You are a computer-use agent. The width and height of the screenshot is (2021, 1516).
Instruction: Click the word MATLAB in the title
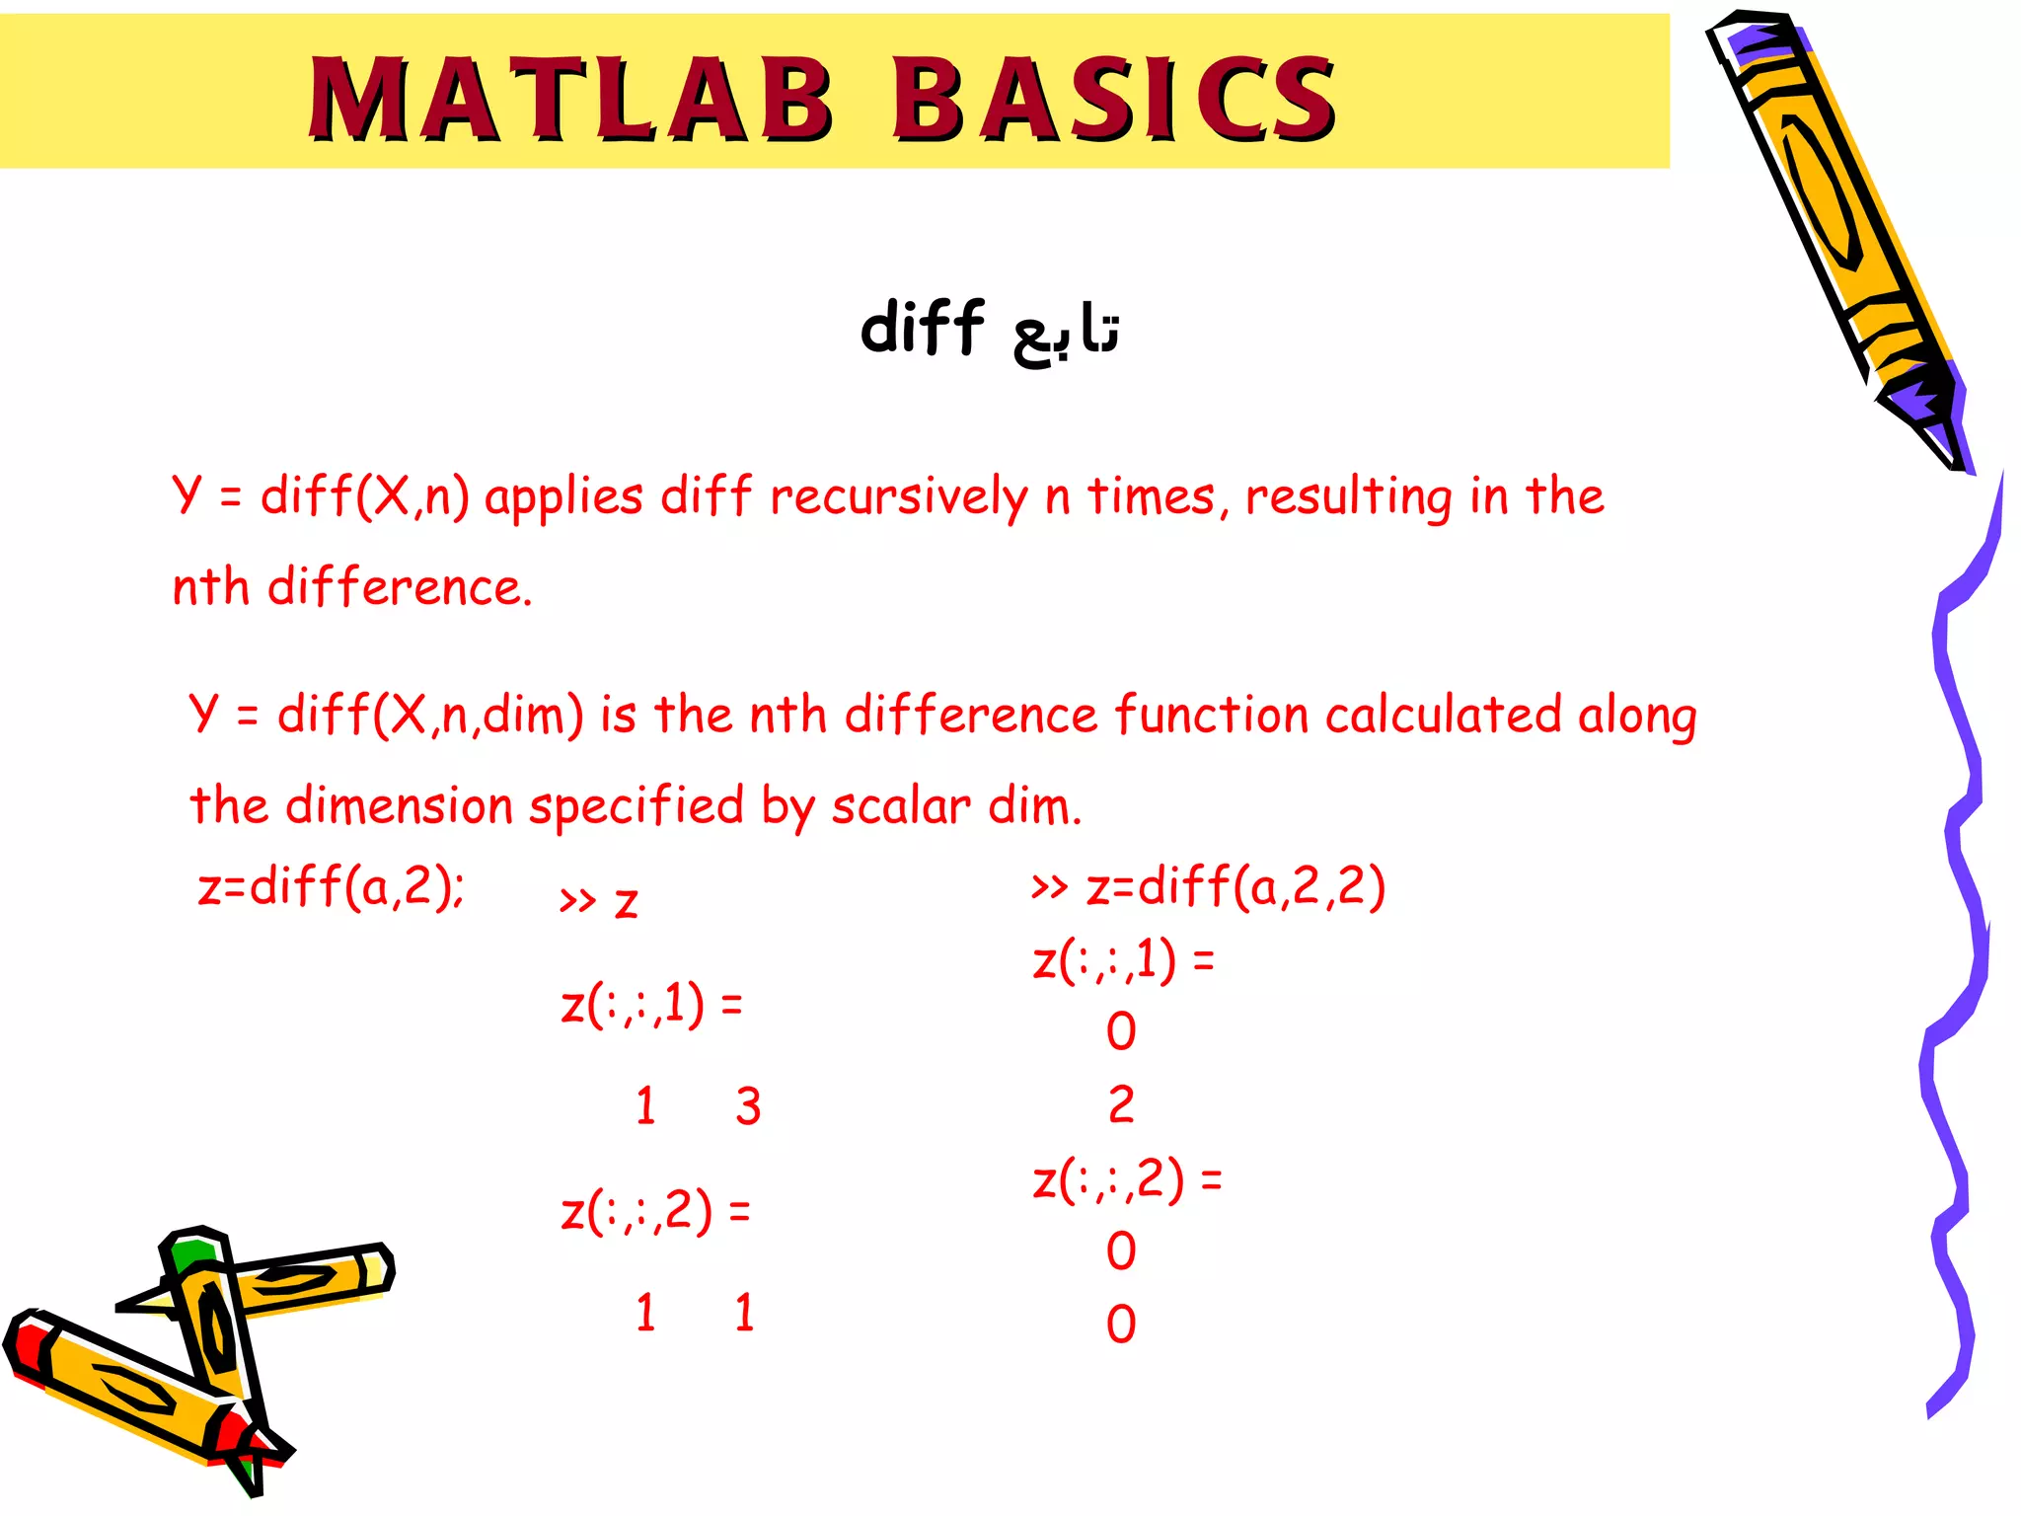coord(570,99)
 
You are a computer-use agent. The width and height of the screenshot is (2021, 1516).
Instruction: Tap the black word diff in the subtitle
coord(922,328)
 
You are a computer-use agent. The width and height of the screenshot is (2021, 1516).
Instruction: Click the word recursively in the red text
coord(898,496)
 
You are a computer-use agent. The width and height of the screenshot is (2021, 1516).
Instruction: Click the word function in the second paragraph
coord(1212,715)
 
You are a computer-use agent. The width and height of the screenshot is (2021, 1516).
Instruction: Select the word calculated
coord(1443,715)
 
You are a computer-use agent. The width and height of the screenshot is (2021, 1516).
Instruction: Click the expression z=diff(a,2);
coord(331,885)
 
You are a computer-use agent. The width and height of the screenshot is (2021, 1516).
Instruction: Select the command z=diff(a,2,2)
coord(1235,885)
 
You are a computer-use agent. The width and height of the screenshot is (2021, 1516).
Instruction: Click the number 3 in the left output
coord(748,1106)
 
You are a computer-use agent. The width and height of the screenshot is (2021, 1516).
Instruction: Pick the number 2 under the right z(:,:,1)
coord(1121,1104)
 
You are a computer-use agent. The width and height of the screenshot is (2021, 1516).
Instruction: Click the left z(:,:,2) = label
coord(655,1211)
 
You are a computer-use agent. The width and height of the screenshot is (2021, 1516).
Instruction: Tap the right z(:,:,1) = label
coord(1123,960)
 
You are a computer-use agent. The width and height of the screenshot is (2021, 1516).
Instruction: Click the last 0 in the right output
coord(1121,1325)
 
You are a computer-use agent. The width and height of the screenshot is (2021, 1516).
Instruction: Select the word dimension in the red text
coord(399,806)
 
